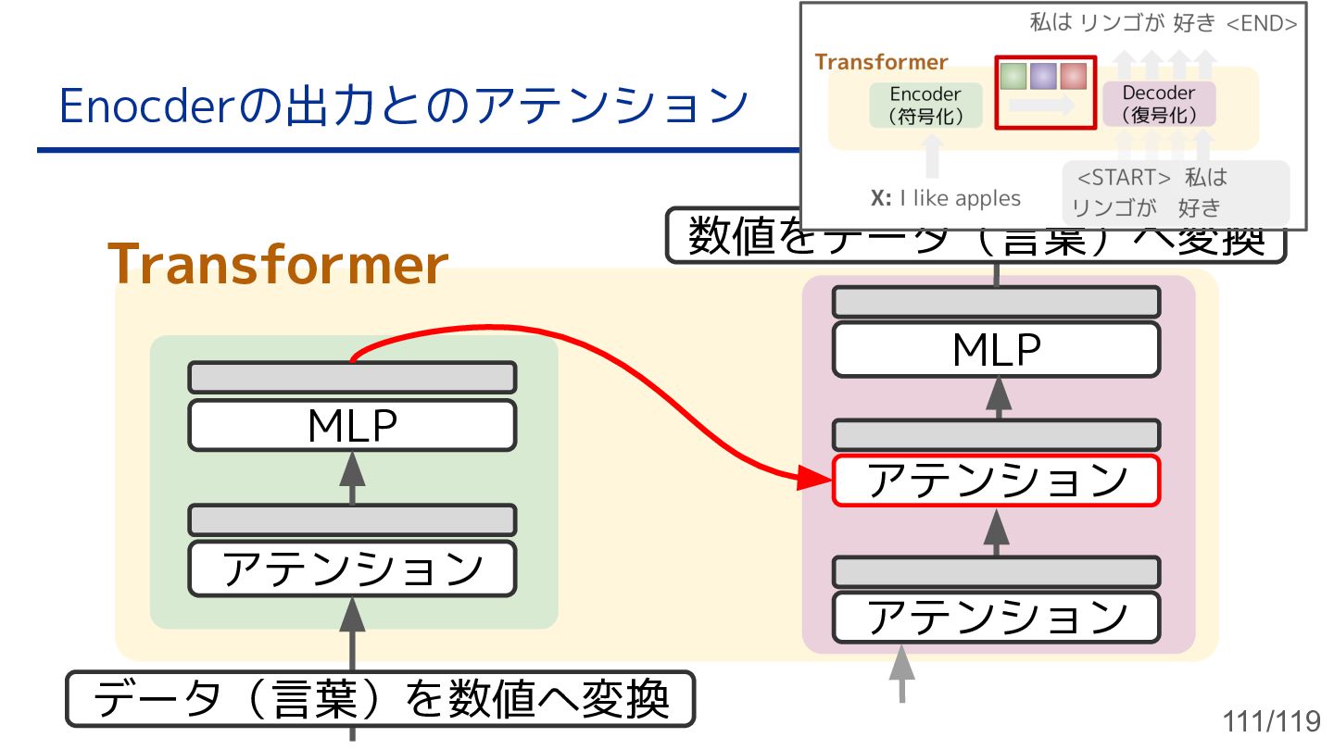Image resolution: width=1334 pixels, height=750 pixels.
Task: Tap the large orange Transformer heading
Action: pyautogui.click(x=278, y=265)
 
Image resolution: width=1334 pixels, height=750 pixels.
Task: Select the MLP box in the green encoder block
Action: pyautogui.click(x=352, y=426)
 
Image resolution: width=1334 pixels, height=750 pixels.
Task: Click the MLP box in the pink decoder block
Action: pyautogui.click(x=996, y=350)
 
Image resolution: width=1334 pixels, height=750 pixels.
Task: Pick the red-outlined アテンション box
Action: pyautogui.click(x=996, y=481)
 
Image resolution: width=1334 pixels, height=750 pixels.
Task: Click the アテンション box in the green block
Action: pyautogui.click(x=352, y=569)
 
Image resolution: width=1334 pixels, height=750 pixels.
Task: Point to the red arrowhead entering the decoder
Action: pyautogui.click(x=816, y=479)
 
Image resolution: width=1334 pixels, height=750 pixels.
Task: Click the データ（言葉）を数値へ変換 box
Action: pyautogui.click(x=380, y=699)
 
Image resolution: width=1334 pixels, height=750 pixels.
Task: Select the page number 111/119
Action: pyautogui.click(x=1271, y=721)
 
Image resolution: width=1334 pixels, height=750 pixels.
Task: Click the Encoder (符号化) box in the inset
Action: pyautogui.click(x=925, y=106)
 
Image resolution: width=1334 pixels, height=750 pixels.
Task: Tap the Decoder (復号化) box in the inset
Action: pyautogui.click(x=1158, y=105)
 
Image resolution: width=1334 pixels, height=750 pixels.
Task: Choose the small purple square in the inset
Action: pyautogui.click(x=1044, y=75)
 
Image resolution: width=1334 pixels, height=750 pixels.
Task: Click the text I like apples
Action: pyautogui.click(x=960, y=198)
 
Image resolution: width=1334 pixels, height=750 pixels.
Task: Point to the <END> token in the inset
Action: pyautogui.click(x=1261, y=24)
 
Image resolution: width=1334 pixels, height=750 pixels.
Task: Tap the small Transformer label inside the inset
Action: pyautogui.click(x=881, y=62)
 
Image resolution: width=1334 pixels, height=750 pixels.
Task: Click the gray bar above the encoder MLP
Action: pyautogui.click(x=352, y=378)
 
